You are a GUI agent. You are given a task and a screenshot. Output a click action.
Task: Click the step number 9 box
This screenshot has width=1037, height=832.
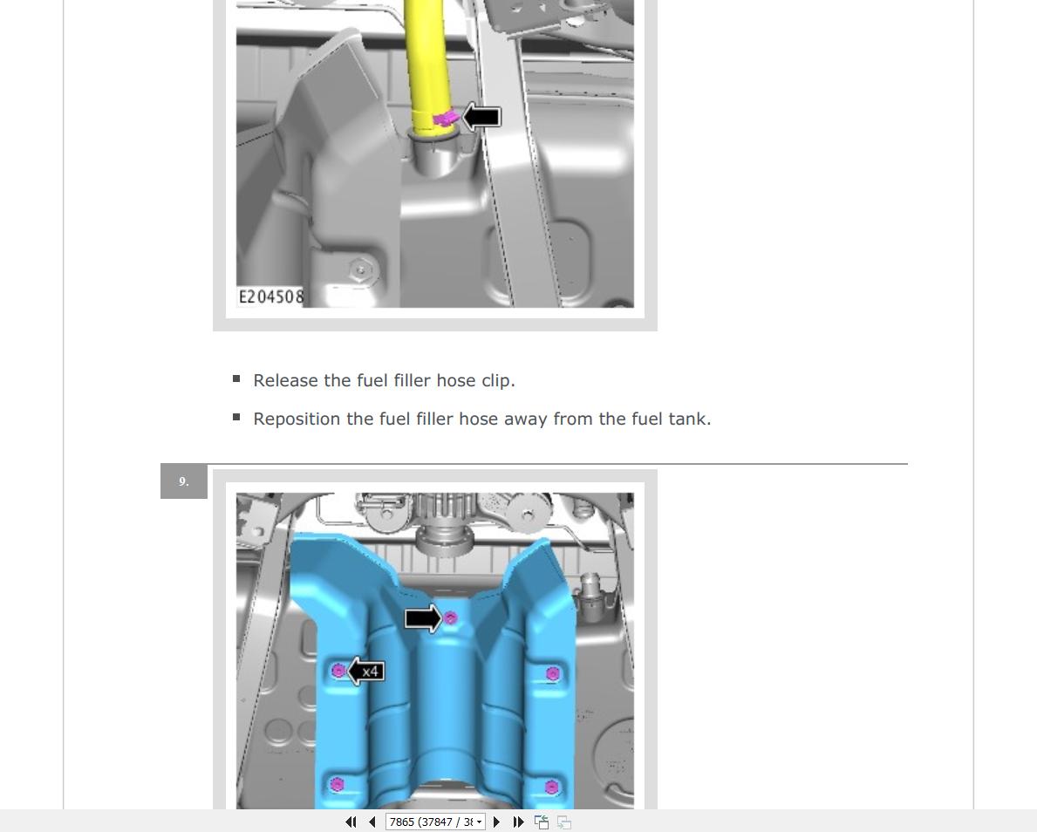click(x=184, y=481)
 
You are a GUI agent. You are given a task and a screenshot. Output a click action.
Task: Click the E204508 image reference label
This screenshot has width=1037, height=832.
click(x=271, y=297)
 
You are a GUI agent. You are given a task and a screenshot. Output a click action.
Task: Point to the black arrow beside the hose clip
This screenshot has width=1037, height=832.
click(x=481, y=117)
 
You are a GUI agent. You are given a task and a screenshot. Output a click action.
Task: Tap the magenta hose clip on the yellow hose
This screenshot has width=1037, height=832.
click(x=446, y=119)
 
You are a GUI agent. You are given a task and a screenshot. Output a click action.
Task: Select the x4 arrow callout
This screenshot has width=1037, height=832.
click(x=365, y=672)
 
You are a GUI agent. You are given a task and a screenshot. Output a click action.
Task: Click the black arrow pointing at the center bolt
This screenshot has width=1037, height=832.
click(x=423, y=618)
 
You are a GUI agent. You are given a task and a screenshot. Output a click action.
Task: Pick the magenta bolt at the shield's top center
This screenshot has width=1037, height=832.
click(x=450, y=617)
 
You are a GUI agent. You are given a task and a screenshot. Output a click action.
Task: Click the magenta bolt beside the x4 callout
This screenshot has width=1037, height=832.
click(x=338, y=672)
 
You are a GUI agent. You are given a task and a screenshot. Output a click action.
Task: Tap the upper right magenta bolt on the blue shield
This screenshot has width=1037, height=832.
click(x=552, y=674)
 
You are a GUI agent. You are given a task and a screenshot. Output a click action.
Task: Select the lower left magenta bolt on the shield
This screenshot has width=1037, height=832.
click(x=337, y=784)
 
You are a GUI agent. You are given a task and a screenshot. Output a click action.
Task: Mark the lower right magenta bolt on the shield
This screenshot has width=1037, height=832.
click(x=551, y=787)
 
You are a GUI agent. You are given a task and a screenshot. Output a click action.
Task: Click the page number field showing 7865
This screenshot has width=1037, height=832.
click(x=435, y=822)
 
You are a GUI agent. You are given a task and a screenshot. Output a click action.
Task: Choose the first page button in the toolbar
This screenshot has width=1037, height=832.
click(x=351, y=822)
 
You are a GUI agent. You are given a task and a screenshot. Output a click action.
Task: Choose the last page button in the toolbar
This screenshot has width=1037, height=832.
click(x=519, y=822)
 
